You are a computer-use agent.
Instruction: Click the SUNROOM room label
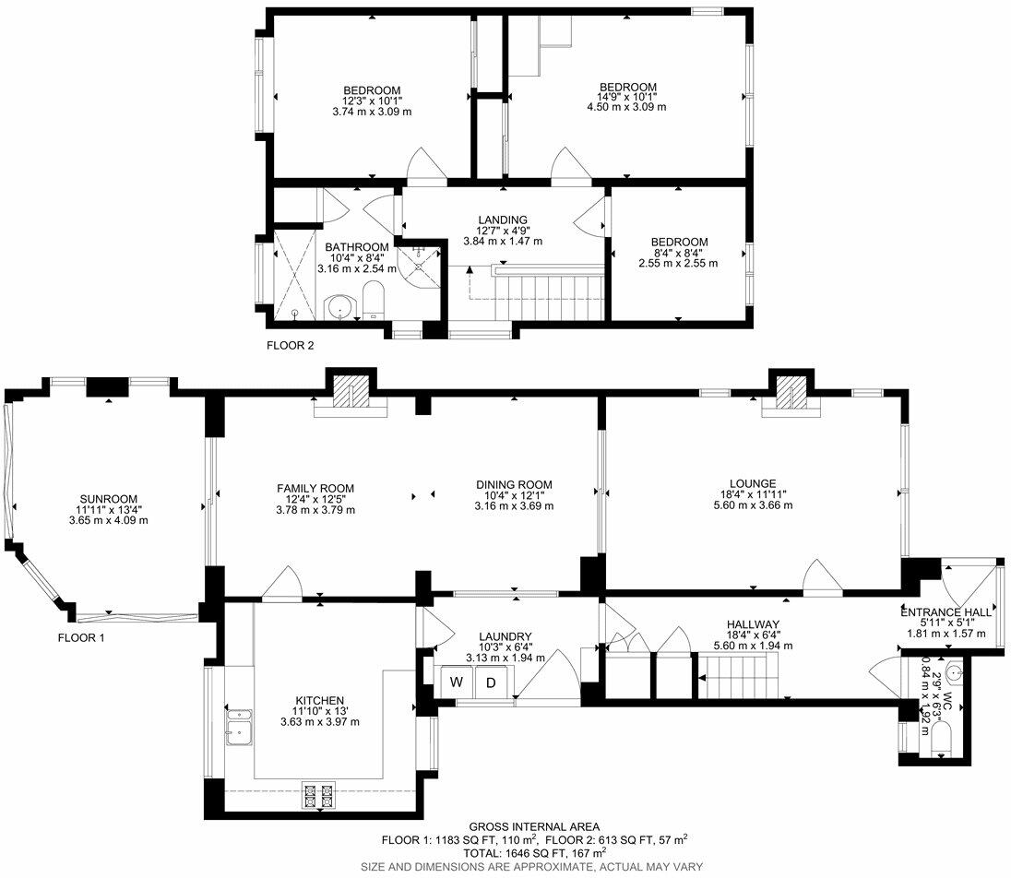108,499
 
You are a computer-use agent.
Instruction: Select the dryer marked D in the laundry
492,682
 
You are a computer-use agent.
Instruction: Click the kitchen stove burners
318,794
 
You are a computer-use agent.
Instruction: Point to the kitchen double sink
239,726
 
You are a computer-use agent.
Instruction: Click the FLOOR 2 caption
291,346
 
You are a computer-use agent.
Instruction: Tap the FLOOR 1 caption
81,638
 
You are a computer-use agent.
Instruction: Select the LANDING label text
503,219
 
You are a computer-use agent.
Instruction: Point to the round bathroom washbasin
339,307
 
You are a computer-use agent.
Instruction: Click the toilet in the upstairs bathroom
374,302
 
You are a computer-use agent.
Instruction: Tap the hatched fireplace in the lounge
791,392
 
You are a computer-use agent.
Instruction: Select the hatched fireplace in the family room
351,391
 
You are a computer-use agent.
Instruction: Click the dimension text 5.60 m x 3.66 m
753,504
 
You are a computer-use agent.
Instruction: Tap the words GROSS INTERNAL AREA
534,826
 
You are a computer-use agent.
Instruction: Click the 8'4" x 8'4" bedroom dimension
678,253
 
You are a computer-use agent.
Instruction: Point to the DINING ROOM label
514,485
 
